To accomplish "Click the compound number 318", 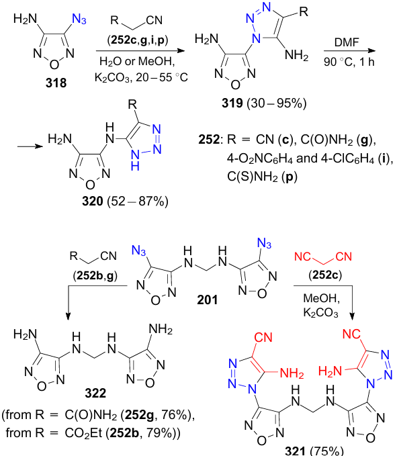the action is [56, 83].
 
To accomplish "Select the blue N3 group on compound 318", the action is [79, 19].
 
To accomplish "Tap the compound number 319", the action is [232, 103].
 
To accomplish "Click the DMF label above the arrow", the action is [347, 42].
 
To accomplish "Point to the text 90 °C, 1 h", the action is [349, 62].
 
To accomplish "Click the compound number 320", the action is [93, 201].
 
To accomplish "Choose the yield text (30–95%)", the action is [277, 103].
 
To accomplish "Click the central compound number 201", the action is [208, 300].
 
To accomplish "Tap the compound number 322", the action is [95, 393].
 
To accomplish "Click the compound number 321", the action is [295, 451].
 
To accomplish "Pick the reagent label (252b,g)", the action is [95, 275].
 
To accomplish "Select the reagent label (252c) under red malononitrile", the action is [325, 275].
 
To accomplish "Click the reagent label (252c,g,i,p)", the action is [138, 40].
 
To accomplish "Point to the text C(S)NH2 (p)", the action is [263, 177].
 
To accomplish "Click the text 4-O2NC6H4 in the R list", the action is [259, 158].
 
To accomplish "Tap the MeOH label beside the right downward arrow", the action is [322, 298].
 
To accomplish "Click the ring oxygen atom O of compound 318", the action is [54, 64].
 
